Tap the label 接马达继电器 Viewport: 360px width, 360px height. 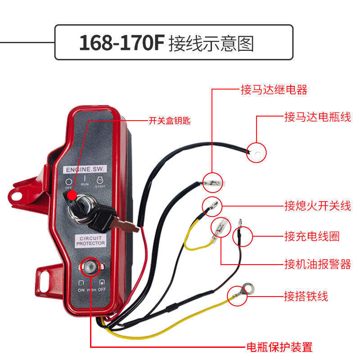(274, 90)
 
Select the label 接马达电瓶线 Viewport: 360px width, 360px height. (317, 117)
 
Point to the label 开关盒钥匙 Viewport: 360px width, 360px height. (170, 121)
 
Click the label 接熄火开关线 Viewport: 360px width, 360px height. (317, 206)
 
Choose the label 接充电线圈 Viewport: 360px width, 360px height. (312, 236)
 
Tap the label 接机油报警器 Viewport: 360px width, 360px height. (317, 264)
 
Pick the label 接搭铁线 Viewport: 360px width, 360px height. (306, 296)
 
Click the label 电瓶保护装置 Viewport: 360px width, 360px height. (279, 347)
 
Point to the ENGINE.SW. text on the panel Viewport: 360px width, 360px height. (85, 170)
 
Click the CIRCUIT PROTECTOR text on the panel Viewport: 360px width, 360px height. (90, 240)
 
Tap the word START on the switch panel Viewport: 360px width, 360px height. (100, 185)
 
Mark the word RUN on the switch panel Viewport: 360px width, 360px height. (84, 184)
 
